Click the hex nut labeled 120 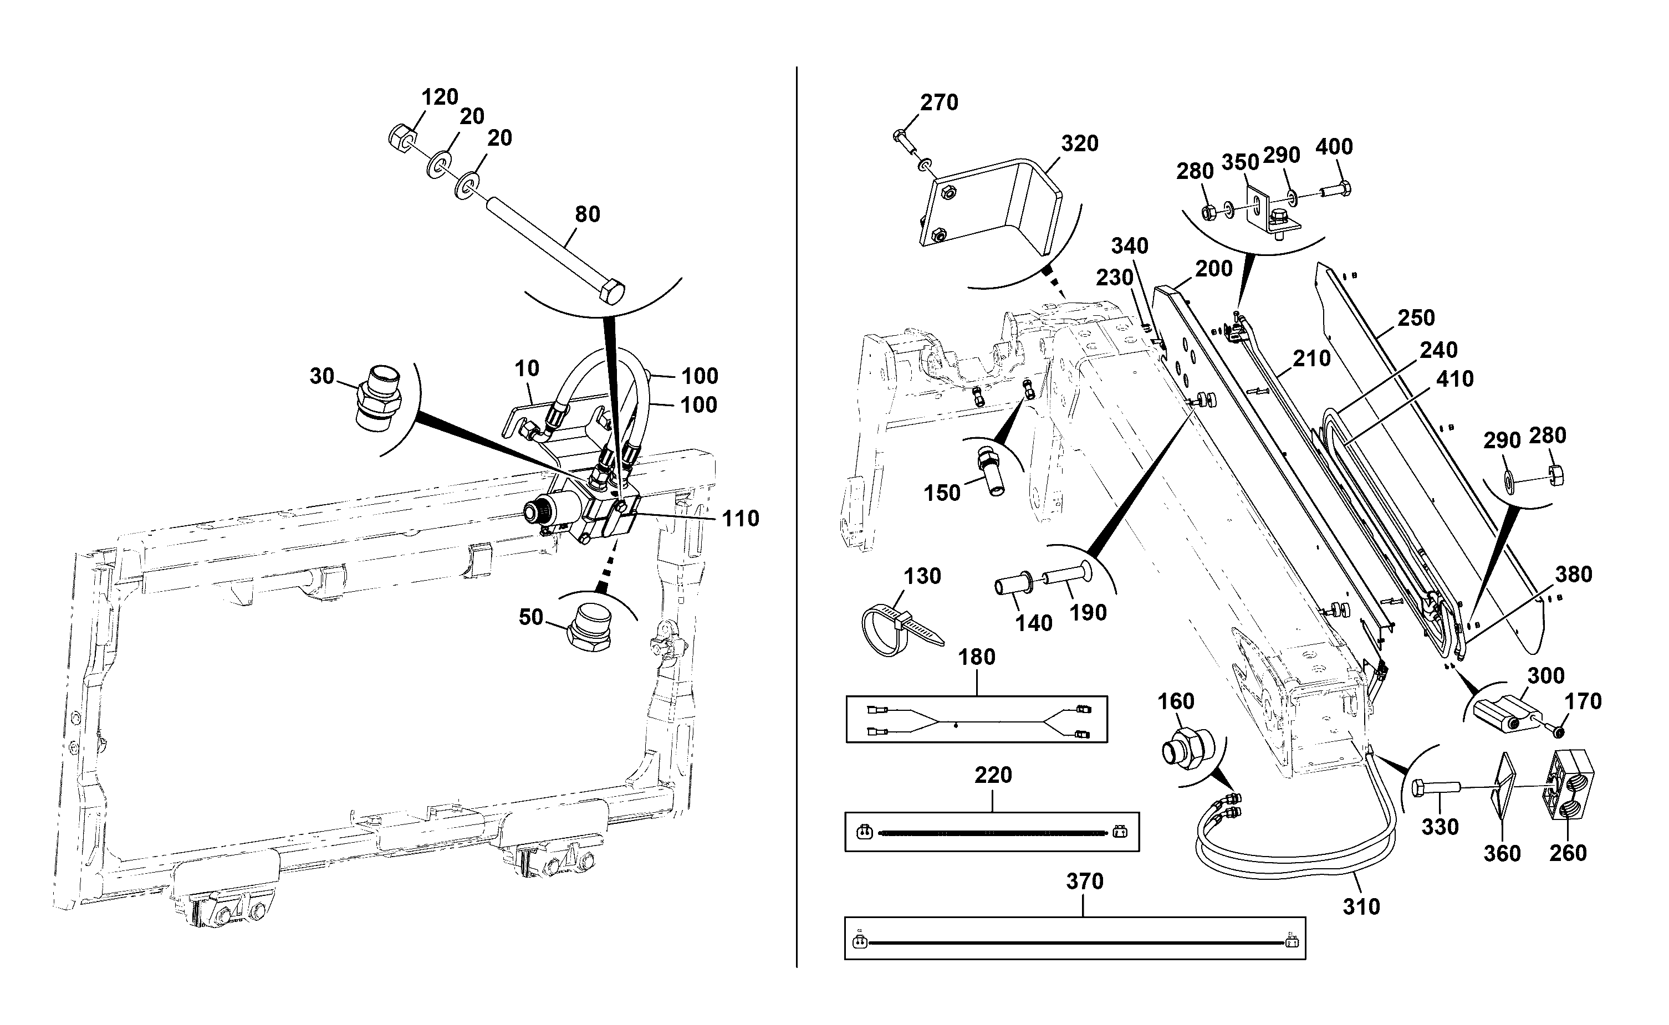pyautogui.click(x=400, y=140)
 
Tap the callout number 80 pyautogui.click(x=588, y=214)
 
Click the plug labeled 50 pyautogui.click(x=588, y=628)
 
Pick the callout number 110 pyautogui.click(x=741, y=519)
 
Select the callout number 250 pyautogui.click(x=1416, y=318)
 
